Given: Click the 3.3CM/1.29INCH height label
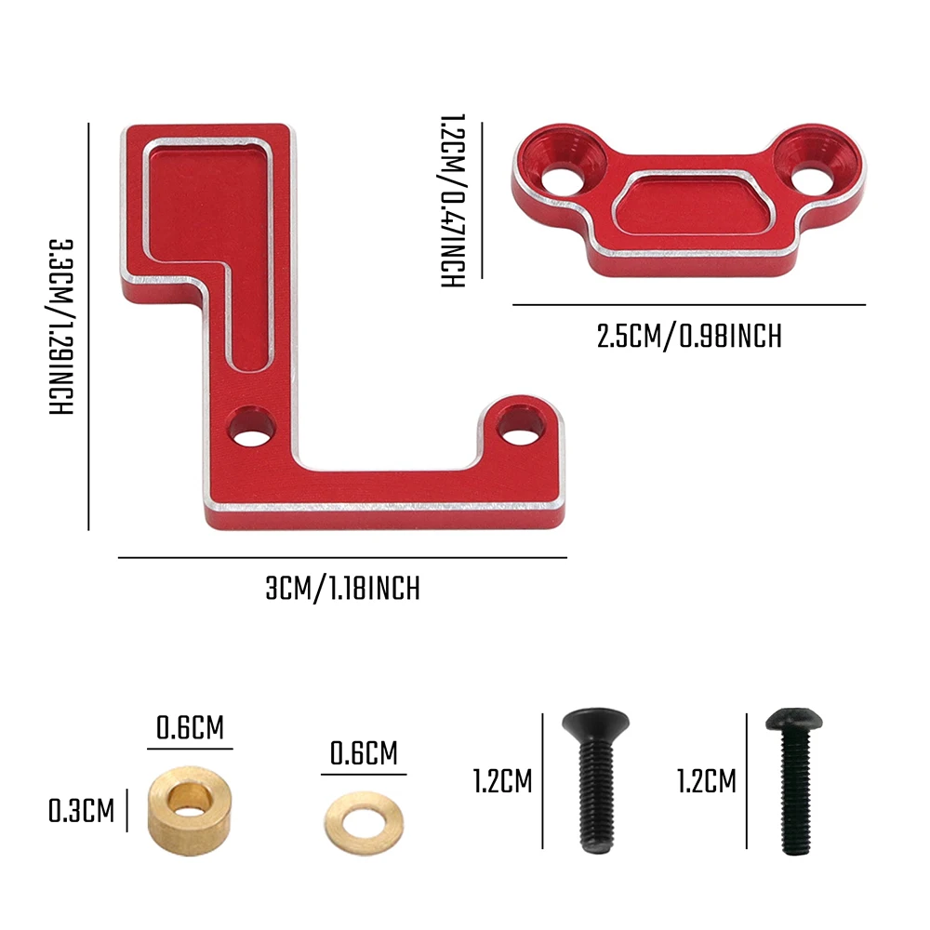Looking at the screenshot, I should pos(61,326).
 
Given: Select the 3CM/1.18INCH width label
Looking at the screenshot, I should pos(342,589).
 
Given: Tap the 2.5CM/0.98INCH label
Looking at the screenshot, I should pos(689,336).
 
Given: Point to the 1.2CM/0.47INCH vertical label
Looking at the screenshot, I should pos(452,200).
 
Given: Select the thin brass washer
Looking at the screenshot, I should pos(364,817).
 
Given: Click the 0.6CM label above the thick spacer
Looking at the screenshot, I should pos(190,727).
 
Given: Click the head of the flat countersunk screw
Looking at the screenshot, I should pos(595,720).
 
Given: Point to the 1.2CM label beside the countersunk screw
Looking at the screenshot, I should pos(502,781).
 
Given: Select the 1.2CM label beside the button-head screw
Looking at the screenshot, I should pos(706,781).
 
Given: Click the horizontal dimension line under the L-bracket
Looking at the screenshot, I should pos(342,558).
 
